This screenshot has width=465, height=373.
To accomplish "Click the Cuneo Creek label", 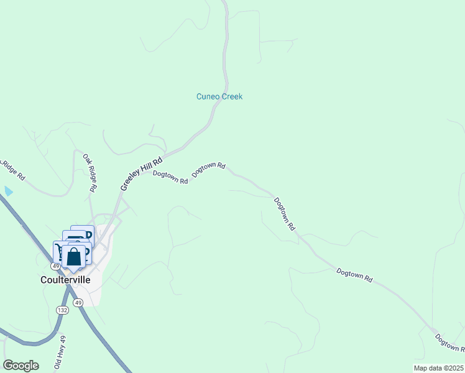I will tap(219, 96).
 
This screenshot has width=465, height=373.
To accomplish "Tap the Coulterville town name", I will tap(70, 280).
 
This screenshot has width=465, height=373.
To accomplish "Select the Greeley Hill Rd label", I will tap(141, 172).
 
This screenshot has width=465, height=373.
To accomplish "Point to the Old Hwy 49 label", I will tap(60, 352).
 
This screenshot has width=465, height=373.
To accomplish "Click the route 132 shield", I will tap(62, 310).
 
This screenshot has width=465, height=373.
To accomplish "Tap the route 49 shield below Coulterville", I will tap(78, 302).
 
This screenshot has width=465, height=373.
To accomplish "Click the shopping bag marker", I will tap(73, 257).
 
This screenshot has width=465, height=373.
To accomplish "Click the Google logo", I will tap(21, 366).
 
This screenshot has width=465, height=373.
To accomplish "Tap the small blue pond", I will tap(8, 191).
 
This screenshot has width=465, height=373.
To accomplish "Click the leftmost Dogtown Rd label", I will tap(170, 177).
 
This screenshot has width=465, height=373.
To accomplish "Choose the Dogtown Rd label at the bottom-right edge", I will tap(448, 343).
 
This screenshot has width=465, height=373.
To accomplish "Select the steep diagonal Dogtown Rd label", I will tap(284, 214).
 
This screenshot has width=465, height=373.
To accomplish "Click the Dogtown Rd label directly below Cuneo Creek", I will tap(208, 169).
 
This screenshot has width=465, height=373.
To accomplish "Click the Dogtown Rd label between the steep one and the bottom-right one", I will tap(354, 276).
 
